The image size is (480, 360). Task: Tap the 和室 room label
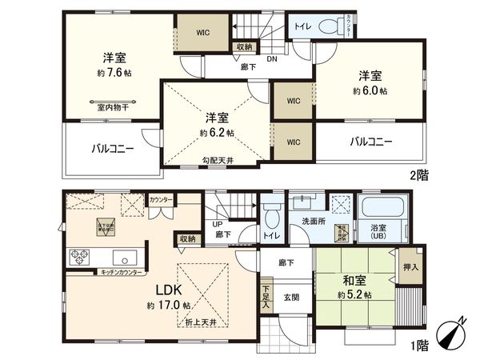pos(354,282)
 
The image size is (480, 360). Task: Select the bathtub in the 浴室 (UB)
pos(380,210)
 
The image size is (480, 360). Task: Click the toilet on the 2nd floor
pos(330,27)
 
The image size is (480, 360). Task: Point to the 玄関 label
pos(290,298)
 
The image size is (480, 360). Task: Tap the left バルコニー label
pos(112,148)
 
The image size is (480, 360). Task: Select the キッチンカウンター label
pos(121,273)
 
